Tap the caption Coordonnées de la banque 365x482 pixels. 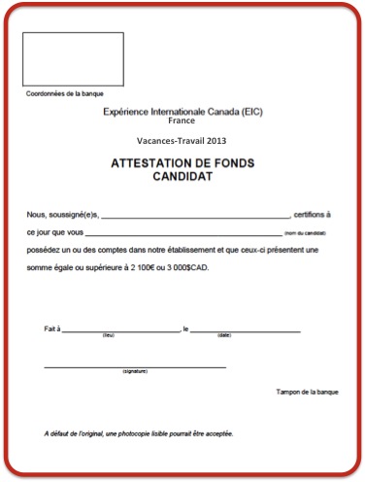click(63, 93)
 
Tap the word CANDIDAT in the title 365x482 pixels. click(182, 176)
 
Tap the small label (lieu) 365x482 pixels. click(109, 335)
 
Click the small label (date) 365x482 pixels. click(224, 335)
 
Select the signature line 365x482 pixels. click(135, 366)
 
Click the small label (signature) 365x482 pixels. click(135, 372)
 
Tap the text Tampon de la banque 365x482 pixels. click(303, 392)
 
